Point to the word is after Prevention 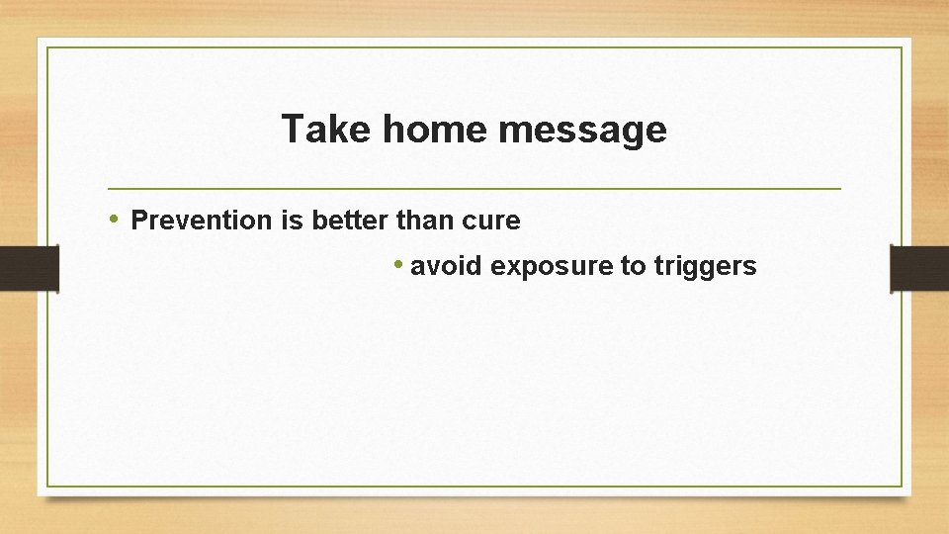tap(292, 221)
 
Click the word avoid tap(447, 266)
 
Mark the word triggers tap(706, 267)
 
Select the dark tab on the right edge tap(919, 269)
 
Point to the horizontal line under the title tap(474, 188)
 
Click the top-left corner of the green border tap(47, 47)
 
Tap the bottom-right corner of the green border tap(902, 486)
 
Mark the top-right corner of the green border tap(902, 47)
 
